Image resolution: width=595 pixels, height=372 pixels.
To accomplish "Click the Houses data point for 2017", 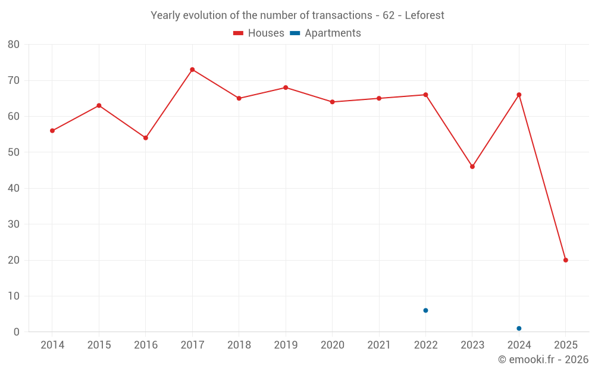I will coord(192,70).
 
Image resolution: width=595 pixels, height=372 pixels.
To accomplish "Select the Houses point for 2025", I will coord(565,260).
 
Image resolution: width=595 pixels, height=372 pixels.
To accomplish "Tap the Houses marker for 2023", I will coord(472,167).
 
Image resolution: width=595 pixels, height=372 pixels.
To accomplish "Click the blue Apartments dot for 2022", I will coord(425,310).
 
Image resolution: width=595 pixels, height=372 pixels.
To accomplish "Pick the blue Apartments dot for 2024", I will coord(519,329).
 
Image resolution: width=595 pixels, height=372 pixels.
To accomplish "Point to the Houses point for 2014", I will coord(52,130).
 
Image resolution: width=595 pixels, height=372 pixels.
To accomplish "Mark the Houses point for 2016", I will coord(146,137).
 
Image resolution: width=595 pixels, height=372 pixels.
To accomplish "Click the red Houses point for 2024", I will coord(519,95).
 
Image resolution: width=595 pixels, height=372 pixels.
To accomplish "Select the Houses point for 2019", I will coord(286,87).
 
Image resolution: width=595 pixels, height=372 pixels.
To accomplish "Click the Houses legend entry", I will coord(259,33).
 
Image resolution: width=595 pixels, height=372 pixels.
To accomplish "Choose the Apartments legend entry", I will coord(325,33).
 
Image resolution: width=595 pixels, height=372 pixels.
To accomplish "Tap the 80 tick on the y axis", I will coord(14,45).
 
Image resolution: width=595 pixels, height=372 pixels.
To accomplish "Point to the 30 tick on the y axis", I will coord(14,224).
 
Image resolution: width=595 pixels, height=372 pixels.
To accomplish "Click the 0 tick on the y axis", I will coord(17,332).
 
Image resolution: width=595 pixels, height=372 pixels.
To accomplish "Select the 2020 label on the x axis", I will coord(332,345).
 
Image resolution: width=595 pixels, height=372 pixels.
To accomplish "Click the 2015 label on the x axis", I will coord(99,345).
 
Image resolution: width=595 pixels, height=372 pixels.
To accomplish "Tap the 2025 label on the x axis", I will coord(565,345).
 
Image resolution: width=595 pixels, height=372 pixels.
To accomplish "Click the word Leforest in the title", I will coord(424,15).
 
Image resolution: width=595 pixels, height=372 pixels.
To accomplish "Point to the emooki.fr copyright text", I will coord(543,360).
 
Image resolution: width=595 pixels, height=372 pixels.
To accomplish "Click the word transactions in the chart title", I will coord(342,15).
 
